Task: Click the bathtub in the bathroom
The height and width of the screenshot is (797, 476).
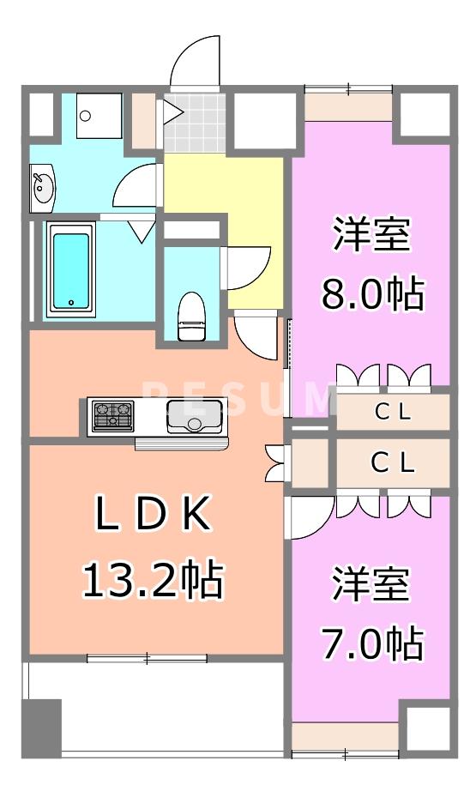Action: click(69, 269)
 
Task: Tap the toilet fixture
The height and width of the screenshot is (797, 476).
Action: click(193, 315)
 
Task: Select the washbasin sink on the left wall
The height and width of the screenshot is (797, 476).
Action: click(41, 186)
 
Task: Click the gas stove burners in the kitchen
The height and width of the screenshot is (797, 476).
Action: click(113, 415)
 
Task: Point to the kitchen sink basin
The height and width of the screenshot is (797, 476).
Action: click(195, 416)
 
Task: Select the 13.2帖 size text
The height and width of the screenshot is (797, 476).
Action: click(152, 581)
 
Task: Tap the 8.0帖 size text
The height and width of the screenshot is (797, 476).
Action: click(371, 293)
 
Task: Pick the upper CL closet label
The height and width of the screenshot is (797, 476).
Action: click(394, 413)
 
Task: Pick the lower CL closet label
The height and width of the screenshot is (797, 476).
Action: click(394, 464)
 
